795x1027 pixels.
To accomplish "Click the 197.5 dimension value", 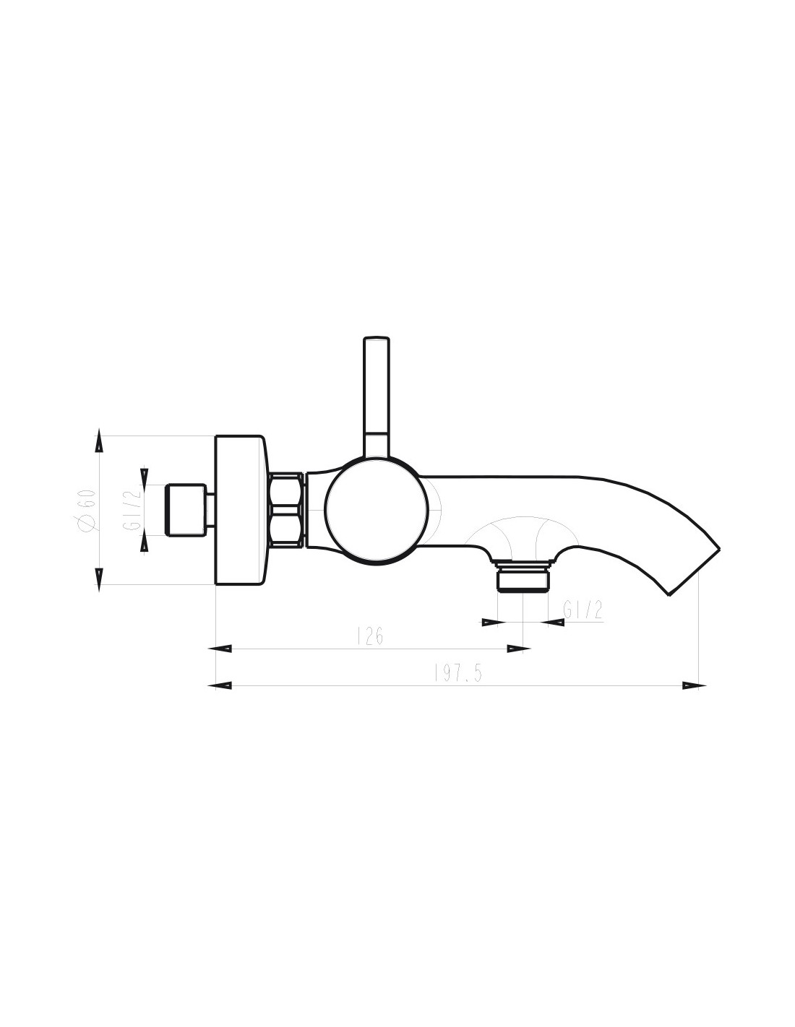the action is [x=457, y=673].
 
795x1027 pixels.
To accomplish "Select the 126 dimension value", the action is [x=370, y=636].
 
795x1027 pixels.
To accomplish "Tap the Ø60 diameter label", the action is [x=88, y=511].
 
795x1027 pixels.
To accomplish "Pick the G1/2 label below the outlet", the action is [x=583, y=610].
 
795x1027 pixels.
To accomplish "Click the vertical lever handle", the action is [x=376, y=397].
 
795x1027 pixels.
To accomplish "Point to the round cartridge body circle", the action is [x=377, y=511].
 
